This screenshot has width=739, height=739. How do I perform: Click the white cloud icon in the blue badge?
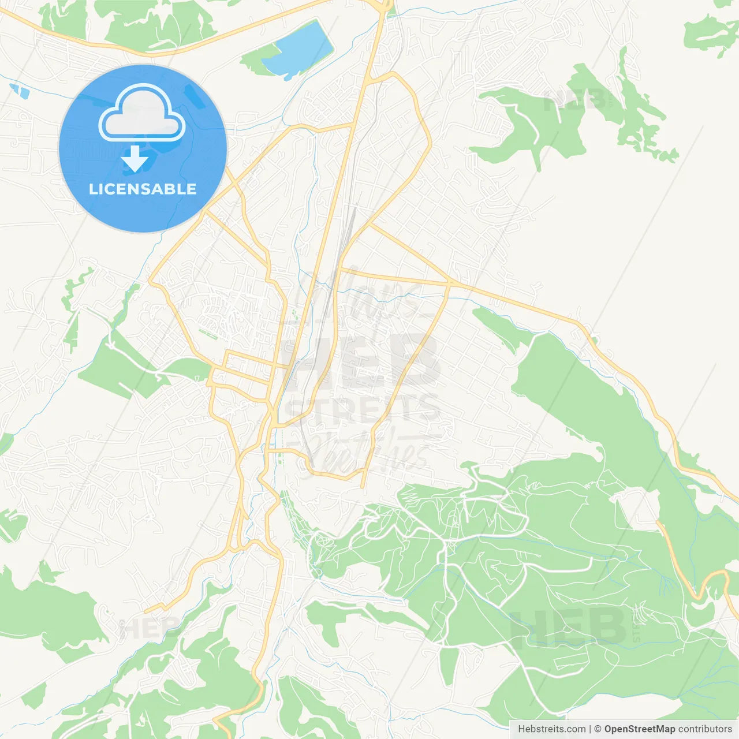click(x=142, y=113)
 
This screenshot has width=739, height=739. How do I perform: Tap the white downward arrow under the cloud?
click(x=135, y=159)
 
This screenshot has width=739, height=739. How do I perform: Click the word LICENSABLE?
click(x=143, y=189)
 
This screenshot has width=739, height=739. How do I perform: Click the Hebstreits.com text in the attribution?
click(x=551, y=729)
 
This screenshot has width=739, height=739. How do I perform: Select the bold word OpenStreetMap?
click(x=639, y=729)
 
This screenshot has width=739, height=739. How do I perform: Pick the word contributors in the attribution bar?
click(x=705, y=729)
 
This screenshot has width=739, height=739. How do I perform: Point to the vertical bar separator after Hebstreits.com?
click(x=590, y=729)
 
